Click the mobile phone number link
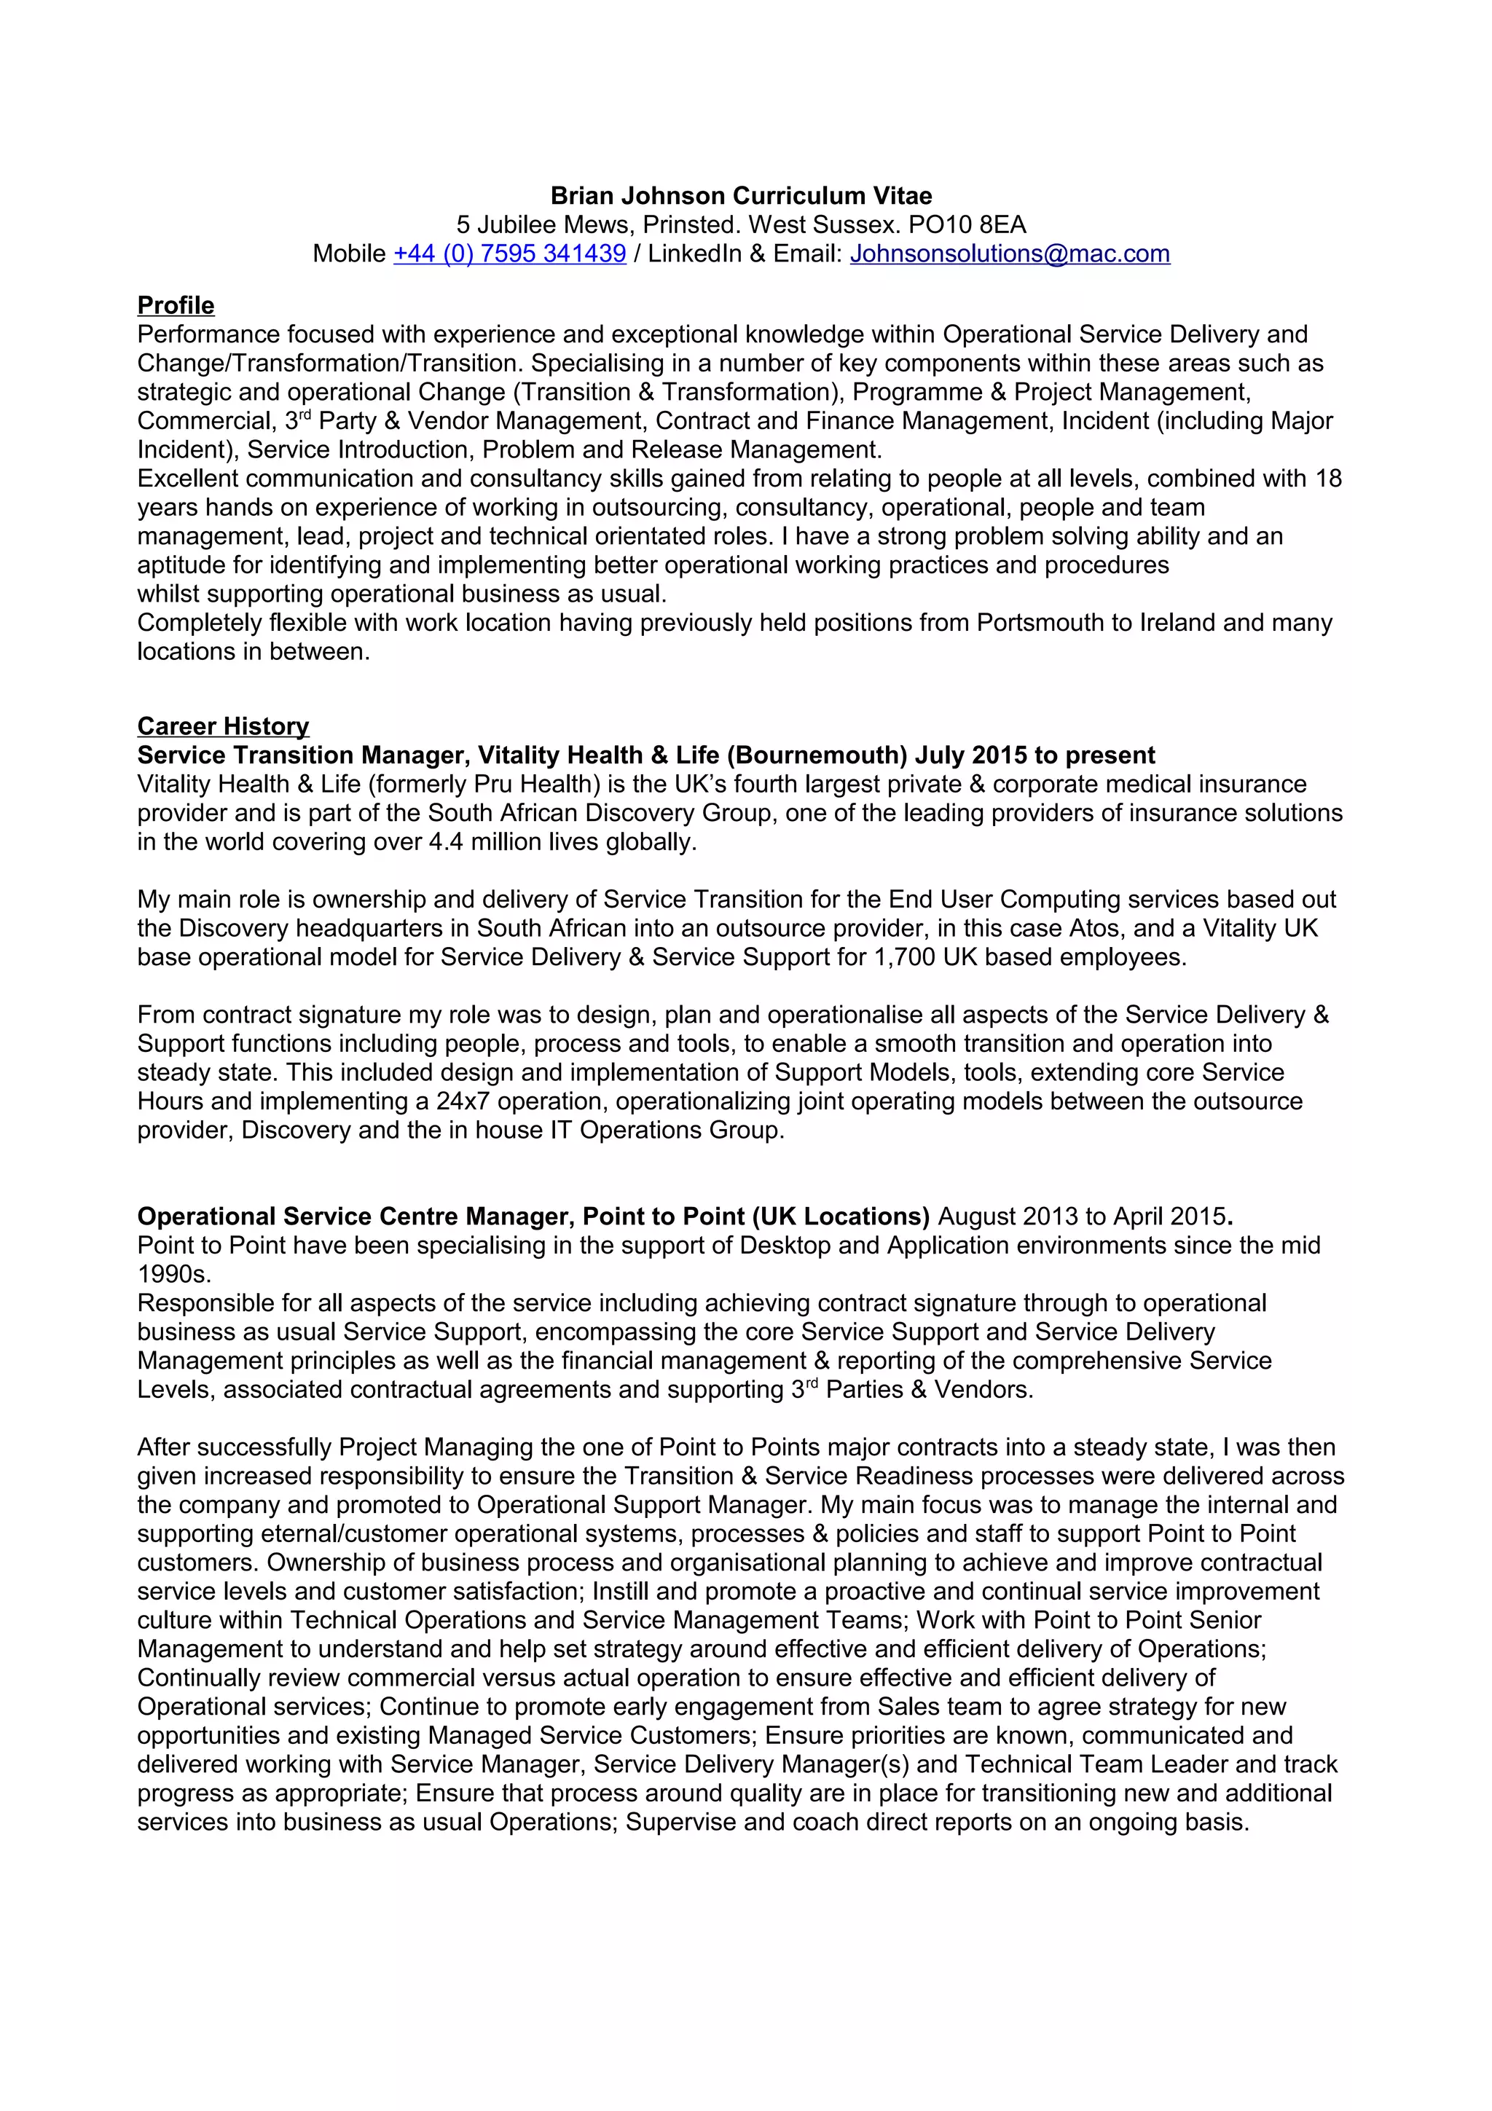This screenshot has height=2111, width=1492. click(x=509, y=253)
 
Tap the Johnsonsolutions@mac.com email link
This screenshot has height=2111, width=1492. click(x=1010, y=253)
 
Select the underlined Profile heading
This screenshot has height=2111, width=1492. click(x=176, y=305)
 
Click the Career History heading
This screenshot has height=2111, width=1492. click(x=224, y=726)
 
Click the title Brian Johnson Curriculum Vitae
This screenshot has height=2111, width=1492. click(x=741, y=196)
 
